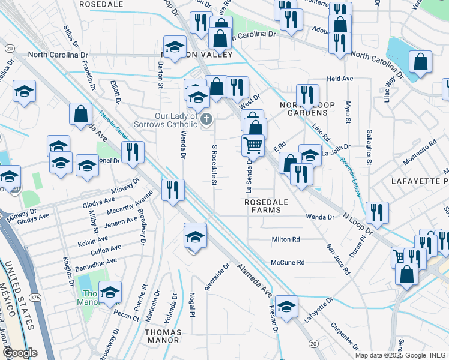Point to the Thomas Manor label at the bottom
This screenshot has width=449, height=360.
pyautogui.click(x=161, y=335)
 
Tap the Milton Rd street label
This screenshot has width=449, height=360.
pyautogui.click(x=285, y=239)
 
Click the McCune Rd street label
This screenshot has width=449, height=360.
pyautogui.click(x=288, y=262)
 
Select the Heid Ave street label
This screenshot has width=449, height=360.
pyautogui.click(x=340, y=79)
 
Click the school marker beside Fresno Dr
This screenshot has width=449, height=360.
pyautogui.click(x=287, y=306)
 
